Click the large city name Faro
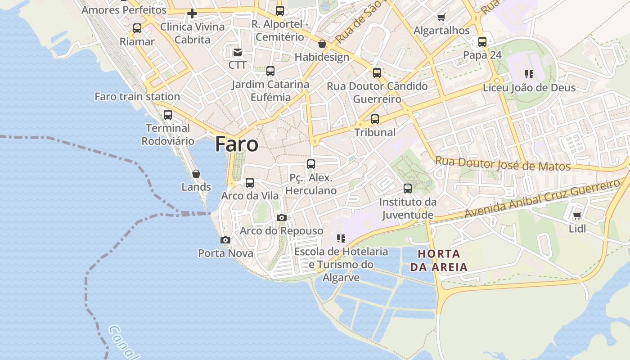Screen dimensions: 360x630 tap(237, 144)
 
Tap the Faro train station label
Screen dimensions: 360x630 tap(137, 96)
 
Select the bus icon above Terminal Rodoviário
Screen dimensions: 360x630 tap(168, 115)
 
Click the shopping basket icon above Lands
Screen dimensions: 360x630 tap(196, 174)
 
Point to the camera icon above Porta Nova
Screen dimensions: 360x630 tap(225, 240)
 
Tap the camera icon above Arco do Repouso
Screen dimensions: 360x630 tap(282, 218)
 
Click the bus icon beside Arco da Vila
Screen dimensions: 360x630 tap(250, 183)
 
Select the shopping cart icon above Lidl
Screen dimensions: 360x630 tap(577, 216)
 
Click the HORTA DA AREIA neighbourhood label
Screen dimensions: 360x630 tap(439, 260)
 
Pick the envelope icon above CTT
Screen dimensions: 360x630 tap(238, 52)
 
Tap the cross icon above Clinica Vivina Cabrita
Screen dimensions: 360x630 tap(192, 13)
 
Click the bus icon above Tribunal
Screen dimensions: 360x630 tap(375, 119)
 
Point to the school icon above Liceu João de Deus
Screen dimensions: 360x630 tap(529, 74)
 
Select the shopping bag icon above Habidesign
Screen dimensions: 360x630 tap(322, 44)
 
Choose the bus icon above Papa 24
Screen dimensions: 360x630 tap(482, 42)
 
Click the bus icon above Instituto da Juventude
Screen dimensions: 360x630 tap(408, 189)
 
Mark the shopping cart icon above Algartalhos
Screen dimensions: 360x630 tap(441, 18)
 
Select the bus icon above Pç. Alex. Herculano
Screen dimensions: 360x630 tap(311, 164)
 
